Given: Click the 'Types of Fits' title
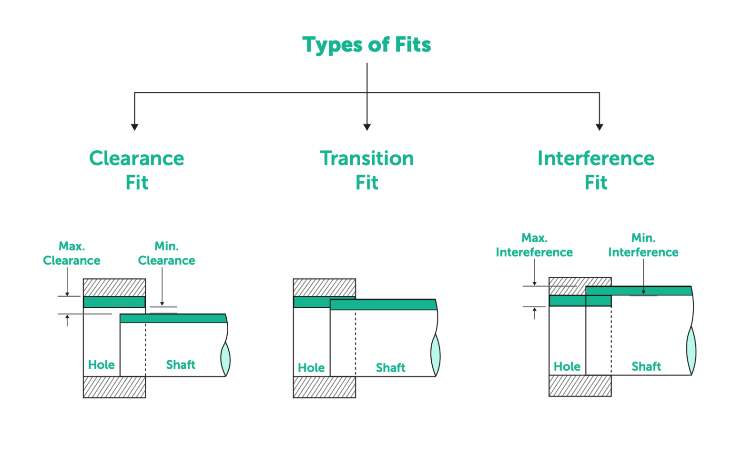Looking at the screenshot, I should pos(366,45).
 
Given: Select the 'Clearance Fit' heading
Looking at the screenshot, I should pos(137,170).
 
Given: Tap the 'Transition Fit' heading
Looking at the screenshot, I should pos(366,170).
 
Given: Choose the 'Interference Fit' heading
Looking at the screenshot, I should pos(596,170).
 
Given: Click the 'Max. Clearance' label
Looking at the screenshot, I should pos(71,253).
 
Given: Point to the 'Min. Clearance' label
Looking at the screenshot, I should pos(166,253).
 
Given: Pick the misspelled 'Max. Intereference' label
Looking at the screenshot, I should pos(534,245).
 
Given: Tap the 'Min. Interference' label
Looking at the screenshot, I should pos(643,245).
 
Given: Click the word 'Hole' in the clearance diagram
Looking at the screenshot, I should pos(101,365).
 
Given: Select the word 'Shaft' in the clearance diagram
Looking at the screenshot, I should pos(181,365).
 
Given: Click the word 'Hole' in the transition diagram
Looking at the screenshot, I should pos(311,368).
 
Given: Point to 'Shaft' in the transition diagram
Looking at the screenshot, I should pos(390,368).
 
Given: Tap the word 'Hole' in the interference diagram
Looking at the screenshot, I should pos(567,366).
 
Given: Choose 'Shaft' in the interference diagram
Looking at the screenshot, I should pos(646,366).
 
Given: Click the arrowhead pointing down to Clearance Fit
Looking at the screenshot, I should pos(134,127).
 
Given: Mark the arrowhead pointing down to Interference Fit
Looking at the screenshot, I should pos(600,127).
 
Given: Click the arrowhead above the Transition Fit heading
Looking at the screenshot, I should pos(367,127).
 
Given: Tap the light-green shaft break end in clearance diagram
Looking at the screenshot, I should pos(225,359).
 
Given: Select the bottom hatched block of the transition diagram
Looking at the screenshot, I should pos(324,387).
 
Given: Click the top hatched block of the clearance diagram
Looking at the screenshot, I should pos(114,288).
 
